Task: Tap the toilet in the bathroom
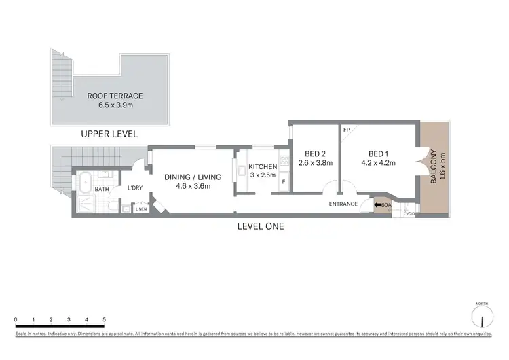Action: click(x=113, y=205)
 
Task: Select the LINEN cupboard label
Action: click(x=141, y=209)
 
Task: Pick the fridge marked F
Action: click(x=284, y=183)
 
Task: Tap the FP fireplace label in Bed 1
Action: click(x=346, y=130)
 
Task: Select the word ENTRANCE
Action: click(x=343, y=204)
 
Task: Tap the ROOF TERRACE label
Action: click(x=115, y=96)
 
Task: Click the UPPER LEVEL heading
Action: click(x=109, y=134)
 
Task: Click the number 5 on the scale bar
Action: click(x=104, y=319)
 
